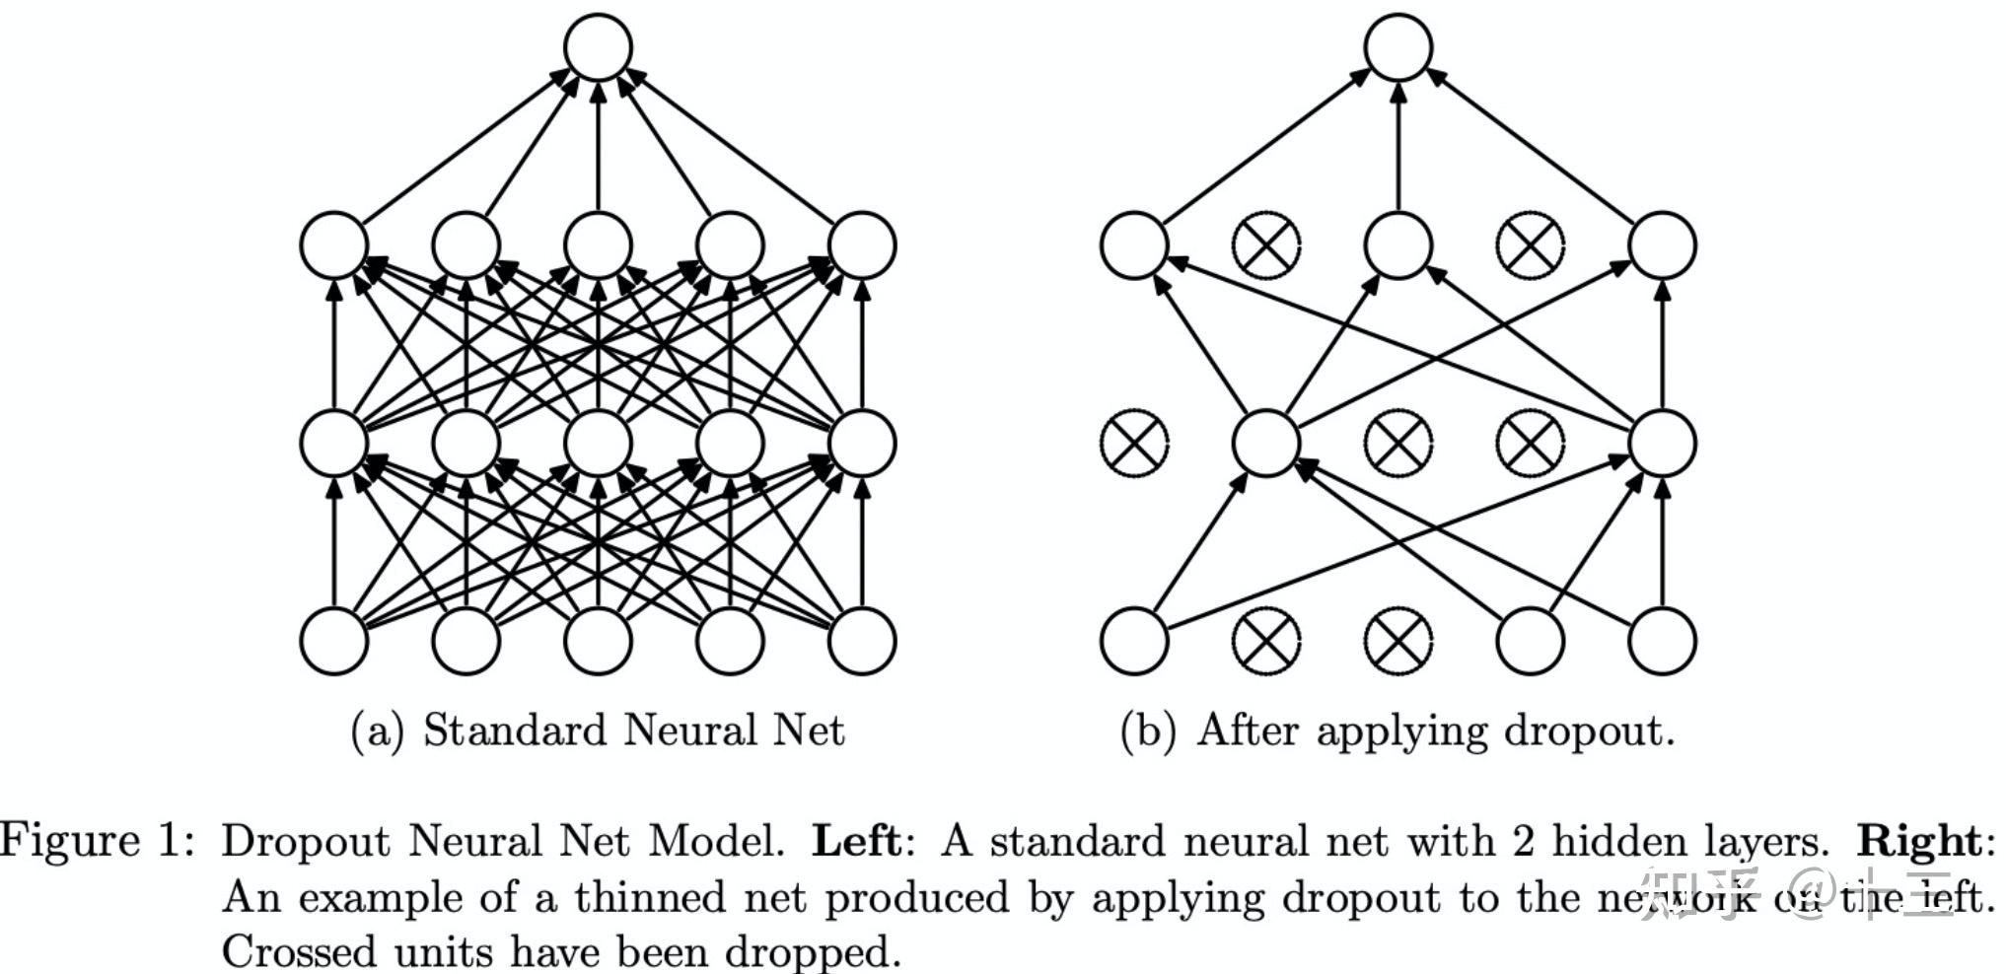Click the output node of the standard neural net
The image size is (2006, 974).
click(x=598, y=47)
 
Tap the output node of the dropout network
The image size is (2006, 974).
click(x=1398, y=47)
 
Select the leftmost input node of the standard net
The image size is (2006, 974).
click(x=334, y=641)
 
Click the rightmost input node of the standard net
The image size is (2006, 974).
click(x=862, y=641)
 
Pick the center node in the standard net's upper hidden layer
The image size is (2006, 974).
click(x=598, y=244)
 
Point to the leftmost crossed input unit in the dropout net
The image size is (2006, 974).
click(x=1266, y=641)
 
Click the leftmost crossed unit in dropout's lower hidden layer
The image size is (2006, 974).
click(x=1134, y=443)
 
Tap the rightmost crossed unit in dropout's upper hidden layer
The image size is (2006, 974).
click(x=1530, y=244)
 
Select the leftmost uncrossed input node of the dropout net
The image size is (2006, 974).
click(x=1134, y=641)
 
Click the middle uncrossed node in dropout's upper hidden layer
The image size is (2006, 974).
click(x=1398, y=244)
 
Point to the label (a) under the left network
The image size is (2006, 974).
click(x=378, y=731)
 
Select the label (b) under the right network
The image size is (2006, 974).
click(x=1148, y=731)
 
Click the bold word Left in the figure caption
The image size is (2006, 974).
click(x=855, y=841)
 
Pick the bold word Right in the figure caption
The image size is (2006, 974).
click(x=1918, y=841)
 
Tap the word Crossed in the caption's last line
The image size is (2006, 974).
click(x=299, y=951)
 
